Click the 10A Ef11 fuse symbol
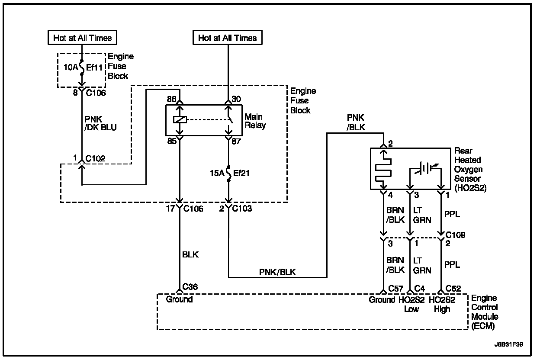82,67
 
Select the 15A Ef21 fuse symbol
228,174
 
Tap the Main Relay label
255,121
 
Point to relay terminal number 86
171,99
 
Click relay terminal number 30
236,99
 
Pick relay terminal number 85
172,141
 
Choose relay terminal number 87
236,141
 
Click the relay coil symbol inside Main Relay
180,120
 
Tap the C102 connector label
95,158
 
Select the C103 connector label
242,208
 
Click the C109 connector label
455,235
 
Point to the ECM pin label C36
190,287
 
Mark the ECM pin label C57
395,288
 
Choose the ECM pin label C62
453,288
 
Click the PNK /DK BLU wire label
100,123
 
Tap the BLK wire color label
190,254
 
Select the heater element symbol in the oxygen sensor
383,170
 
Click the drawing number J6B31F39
509,344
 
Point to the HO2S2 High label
442,304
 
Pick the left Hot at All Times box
83,37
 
